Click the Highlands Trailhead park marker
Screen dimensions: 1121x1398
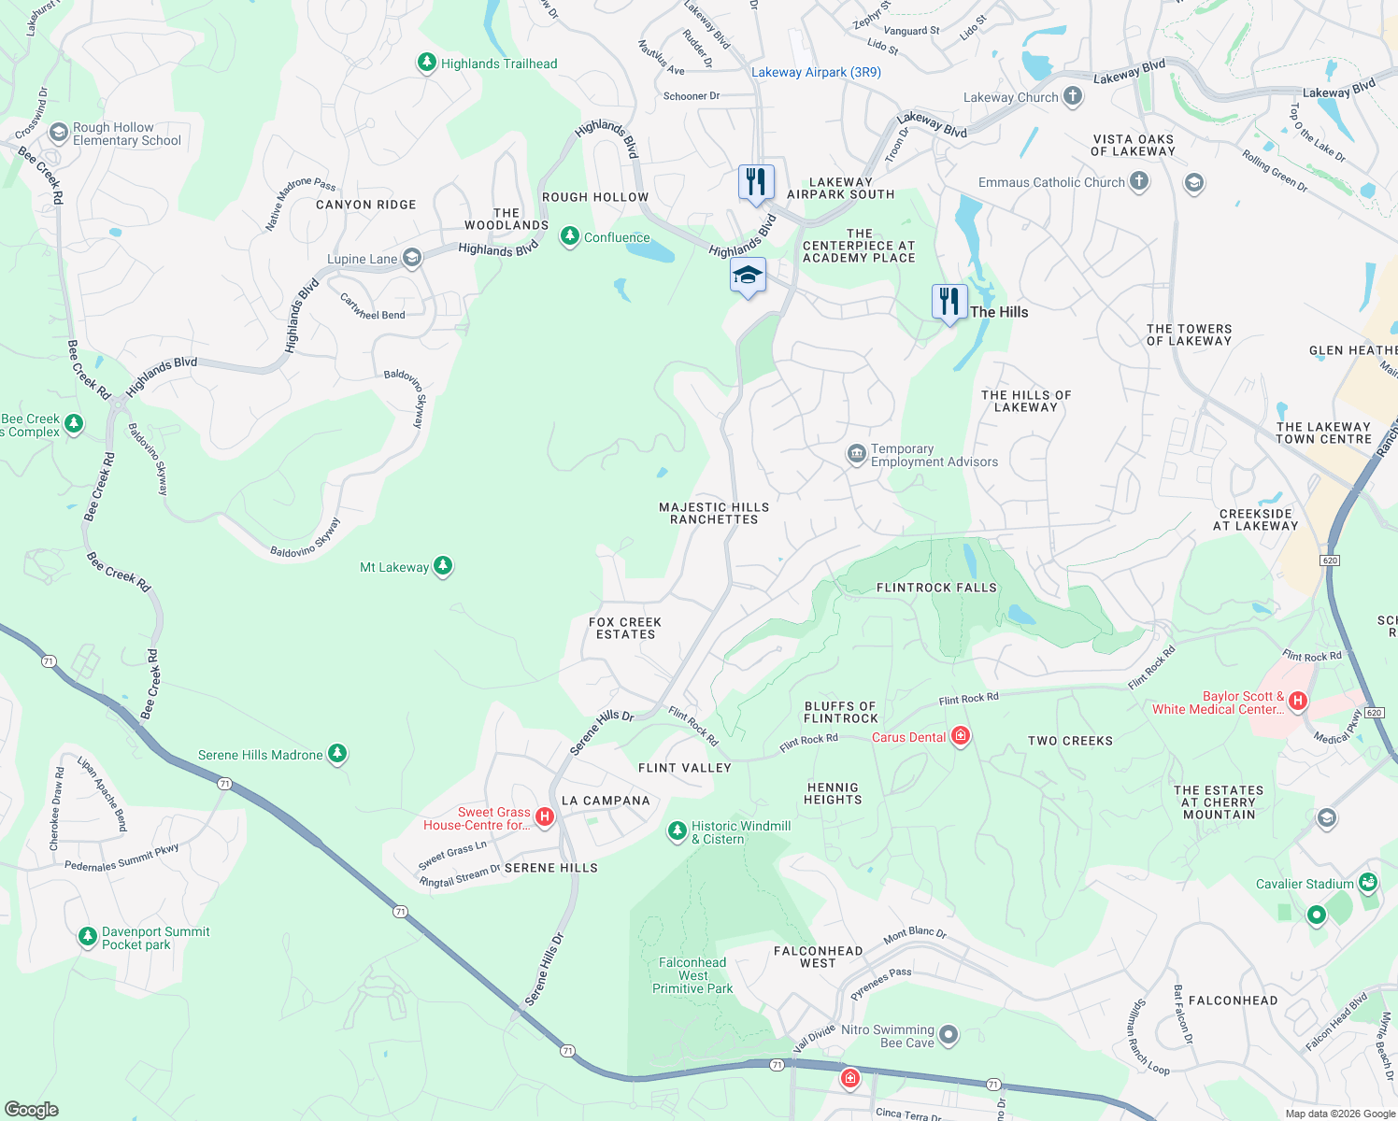(427, 63)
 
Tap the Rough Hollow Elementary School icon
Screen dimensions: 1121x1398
(59, 133)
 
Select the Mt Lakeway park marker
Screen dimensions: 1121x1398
(443, 566)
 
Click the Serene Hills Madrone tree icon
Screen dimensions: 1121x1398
(337, 754)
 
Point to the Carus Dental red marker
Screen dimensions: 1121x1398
(960, 737)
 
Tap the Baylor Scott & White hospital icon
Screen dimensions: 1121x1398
(1297, 701)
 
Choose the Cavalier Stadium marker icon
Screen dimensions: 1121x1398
(1368, 882)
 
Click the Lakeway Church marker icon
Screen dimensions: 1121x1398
(1073, 96)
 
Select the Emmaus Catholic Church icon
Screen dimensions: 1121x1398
(1138, 181)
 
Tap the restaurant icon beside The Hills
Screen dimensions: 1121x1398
(949, 303)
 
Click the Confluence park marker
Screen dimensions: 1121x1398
(569, 236)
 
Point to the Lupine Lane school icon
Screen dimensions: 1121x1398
(412, 259)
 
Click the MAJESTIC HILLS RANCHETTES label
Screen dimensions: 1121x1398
(714, 513)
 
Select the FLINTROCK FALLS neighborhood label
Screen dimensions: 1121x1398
(936, 588)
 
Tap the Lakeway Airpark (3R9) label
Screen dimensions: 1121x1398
(816, 72)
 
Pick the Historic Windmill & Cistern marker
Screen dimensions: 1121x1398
(677, 831)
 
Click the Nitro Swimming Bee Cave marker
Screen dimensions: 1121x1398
(949, 1034)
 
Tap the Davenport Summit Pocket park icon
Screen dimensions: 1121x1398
(87, 936)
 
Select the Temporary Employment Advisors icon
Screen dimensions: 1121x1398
(856, 455)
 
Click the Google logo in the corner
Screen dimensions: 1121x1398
(31, 1109)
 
